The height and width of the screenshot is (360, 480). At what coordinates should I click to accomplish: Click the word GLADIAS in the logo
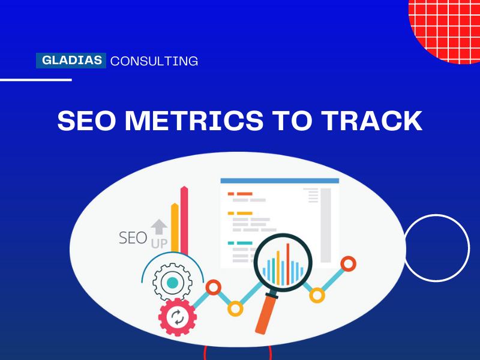point(71,61)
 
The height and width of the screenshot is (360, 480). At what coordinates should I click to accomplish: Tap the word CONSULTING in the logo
point(154,61)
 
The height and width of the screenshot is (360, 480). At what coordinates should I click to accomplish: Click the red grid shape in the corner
point(447,27)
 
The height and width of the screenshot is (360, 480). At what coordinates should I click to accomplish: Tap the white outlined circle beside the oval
point(436,248)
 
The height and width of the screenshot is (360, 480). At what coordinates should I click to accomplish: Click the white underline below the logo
point(36,79)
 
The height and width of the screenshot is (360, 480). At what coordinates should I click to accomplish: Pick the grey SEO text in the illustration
point(133,238)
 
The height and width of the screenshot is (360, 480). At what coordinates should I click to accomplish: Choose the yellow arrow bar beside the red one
point(175,231)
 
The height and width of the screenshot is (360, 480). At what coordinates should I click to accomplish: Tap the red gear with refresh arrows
point(178,317)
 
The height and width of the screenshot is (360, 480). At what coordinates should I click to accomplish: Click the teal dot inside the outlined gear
point(172,283)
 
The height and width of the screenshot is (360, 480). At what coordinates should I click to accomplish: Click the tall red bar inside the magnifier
point(287,261)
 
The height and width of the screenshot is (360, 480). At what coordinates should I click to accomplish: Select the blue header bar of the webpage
point(280,180)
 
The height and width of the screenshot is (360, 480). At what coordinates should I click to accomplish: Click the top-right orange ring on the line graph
point(348,263)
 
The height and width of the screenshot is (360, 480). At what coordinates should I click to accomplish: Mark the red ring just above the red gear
point(213,287)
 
